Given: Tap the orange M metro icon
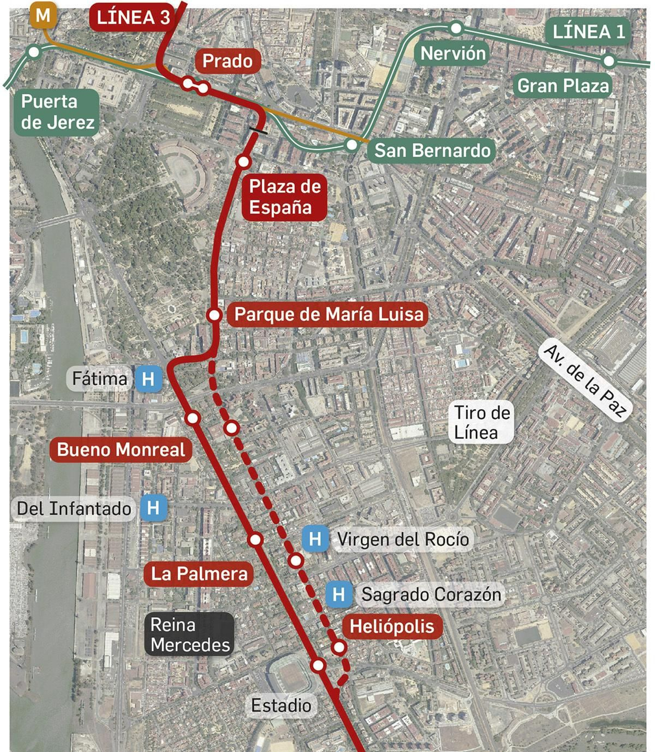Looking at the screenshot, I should click(x=43, y=16).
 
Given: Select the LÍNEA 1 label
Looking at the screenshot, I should click(x=588, y=32).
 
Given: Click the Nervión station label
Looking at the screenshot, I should click(x=453, y=54).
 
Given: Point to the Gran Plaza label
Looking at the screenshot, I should click(x=563, y=86).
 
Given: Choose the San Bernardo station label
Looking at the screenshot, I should click(x=432, y=150).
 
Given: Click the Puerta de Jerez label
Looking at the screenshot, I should click(x=57, y=112).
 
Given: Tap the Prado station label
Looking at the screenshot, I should click(x=227, y=61).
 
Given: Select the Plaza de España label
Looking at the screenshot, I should click(x=285, y=197).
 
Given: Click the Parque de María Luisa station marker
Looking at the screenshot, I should click(x=214, y=315).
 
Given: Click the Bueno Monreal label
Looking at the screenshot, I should click(x=121, y=449).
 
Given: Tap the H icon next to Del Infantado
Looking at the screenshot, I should click(x=153, y=508).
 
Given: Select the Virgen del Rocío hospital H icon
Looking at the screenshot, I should click(x=315, y=539).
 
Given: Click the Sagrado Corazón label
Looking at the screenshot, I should click(x=431, y=594).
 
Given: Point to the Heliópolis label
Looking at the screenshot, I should click(x=392, y=626).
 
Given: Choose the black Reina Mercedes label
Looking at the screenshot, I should click(x=190, y=635).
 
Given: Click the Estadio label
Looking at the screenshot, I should click(x=281, y=705).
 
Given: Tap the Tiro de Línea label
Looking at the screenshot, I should click(x=482, y=422).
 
